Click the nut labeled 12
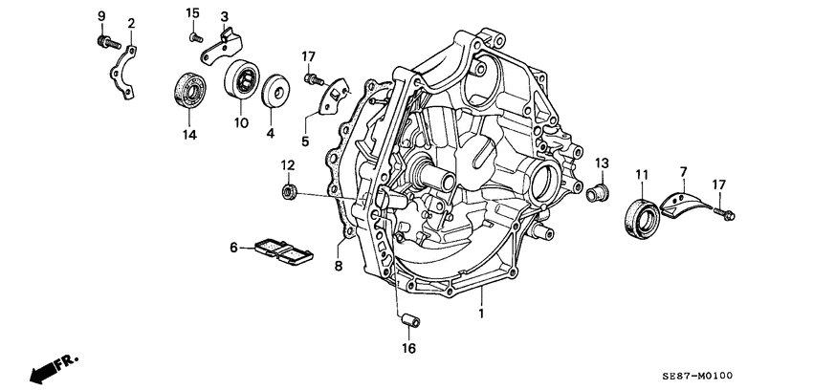[x=286, y=194]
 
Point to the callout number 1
[x=482, y=312]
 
